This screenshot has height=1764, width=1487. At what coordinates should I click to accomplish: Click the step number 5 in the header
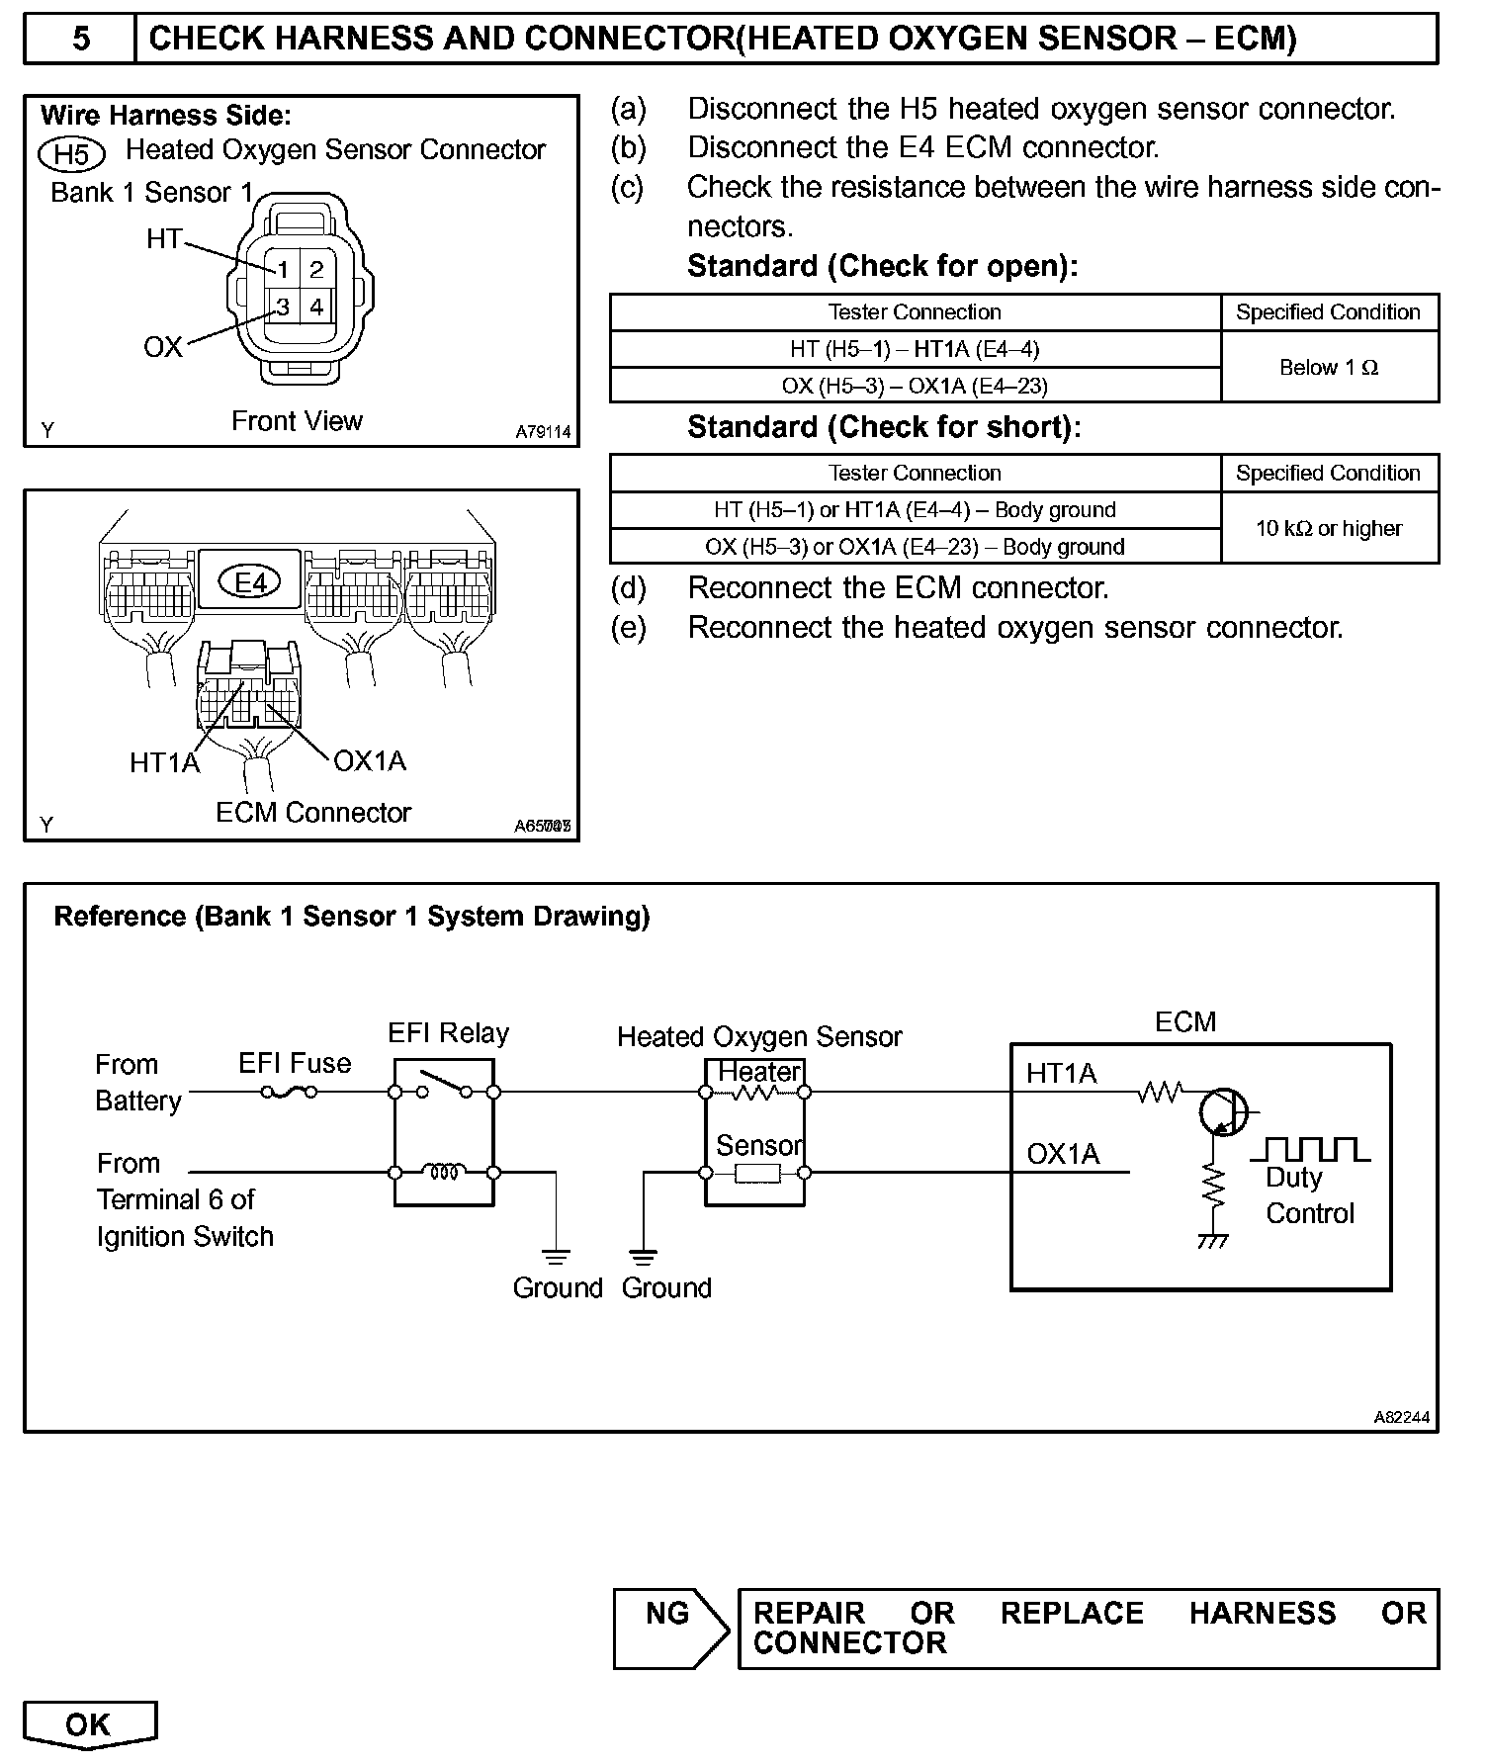(80, 39)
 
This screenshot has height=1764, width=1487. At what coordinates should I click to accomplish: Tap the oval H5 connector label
(71, 154)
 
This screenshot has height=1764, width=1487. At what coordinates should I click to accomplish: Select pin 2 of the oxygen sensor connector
(316, 269)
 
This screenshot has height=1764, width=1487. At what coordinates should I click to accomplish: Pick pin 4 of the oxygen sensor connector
(316, 307)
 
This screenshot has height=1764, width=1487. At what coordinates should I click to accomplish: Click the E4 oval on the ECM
(250, 582)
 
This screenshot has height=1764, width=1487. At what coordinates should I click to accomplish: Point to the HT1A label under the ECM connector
(164, 762)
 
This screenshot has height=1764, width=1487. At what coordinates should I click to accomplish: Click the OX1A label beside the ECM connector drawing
(370, 760)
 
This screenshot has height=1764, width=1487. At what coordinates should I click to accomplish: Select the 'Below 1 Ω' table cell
(1329, 367)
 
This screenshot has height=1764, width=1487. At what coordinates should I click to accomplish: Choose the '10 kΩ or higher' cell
(1329, 528)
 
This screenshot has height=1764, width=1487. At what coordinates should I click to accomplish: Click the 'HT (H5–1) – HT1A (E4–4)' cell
(915, 349)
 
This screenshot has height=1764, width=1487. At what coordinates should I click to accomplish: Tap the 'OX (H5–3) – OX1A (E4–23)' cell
(915, 386)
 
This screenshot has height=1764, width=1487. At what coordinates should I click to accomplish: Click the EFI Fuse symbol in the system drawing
(289, 1092)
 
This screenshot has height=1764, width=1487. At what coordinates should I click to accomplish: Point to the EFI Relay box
(444, 1132)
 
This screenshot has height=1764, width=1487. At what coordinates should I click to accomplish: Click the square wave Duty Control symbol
(1311, 1149)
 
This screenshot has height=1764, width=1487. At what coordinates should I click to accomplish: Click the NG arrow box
(669, 1628)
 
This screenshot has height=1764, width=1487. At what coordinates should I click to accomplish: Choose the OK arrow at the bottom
(89, 1725)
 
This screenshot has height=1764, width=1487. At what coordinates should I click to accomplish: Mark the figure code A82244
(1401, 1417)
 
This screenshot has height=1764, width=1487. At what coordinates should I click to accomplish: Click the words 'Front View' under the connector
(297, 421)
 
